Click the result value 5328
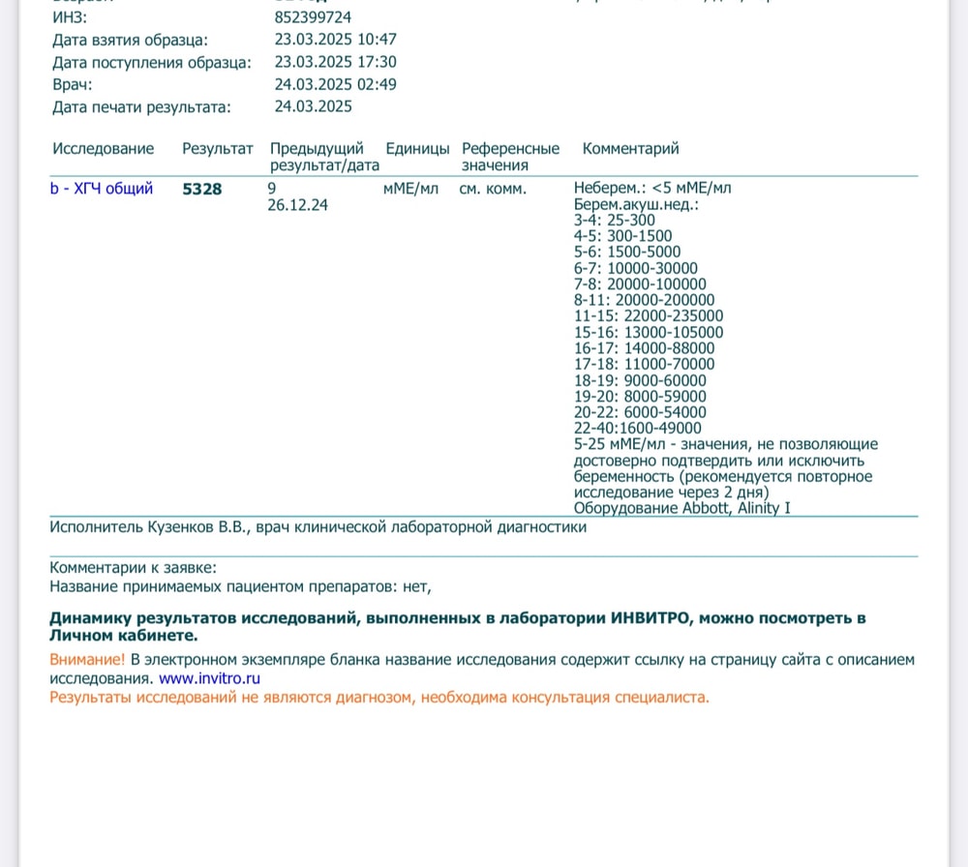tap(202, 189)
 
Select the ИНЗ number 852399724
tap(313, 17)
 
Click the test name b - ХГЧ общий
tap(102, 189)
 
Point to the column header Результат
tap(218, 149)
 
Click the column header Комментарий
tap(630, 149)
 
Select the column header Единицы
tap(417, 149)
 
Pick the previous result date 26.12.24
tap(297, 205)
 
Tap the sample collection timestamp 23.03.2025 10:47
tap(335, 40)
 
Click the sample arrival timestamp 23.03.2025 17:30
tap(335, 62)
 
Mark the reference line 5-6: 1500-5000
tap(627, 253)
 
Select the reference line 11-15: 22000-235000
tap(649, 316)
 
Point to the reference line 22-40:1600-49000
tap(638, 428)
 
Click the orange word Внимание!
tap(87, 660)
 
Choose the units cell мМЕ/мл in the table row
tap(410, 189)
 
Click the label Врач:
tap(73, 84)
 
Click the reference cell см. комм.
tap(493, 189)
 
